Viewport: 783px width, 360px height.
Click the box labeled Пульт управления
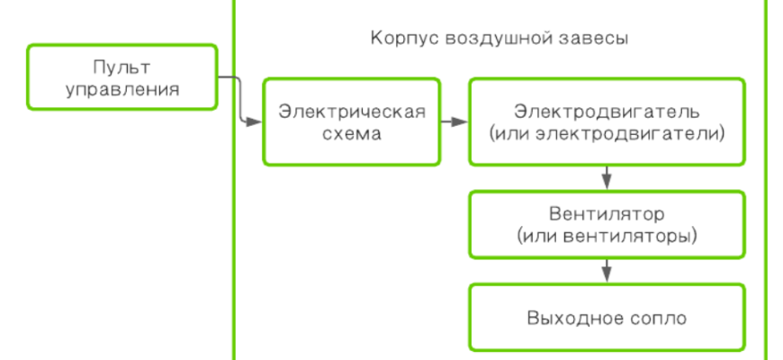[x=122, y=78]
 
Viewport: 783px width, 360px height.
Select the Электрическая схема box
[x=351, y=121]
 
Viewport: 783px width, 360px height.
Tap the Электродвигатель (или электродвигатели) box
[x=607, y=121]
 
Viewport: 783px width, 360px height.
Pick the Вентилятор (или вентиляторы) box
[x=607, y=224]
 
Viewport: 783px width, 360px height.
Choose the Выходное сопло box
[x=607, y=318]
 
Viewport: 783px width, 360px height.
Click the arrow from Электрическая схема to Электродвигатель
[x=454, y=121]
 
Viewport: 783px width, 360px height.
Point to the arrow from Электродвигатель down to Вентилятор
[x=607, y=176]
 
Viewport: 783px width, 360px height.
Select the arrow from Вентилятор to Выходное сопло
[x=607, y=269]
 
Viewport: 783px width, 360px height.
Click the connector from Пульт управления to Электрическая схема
[x=239, y=99]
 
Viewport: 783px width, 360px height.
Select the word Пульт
[x=121, y=67]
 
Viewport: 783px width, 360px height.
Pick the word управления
[x=121, y=88]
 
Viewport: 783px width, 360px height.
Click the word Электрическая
[x=351, y=112]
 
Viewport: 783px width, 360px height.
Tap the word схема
[x=351, y=133]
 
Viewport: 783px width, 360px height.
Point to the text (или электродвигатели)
[x=607, y=133]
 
